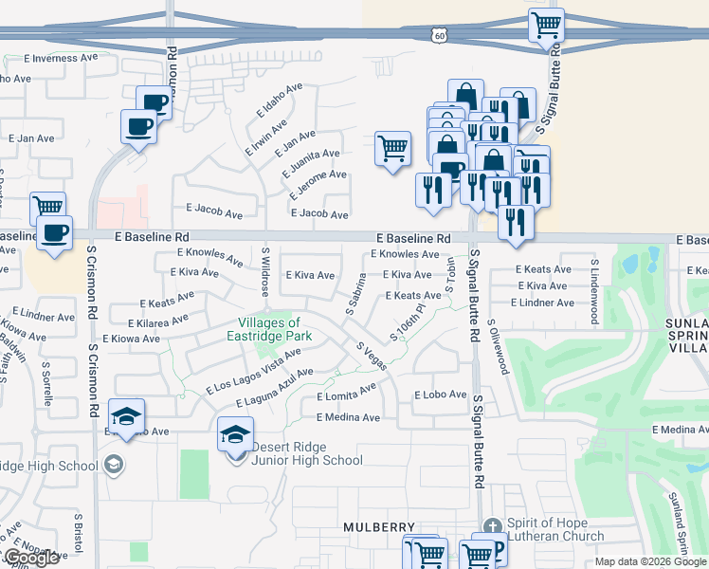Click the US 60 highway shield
(x=437, y=34)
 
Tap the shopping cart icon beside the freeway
(x=546, y=26)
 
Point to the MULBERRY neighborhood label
(x=379, y=526)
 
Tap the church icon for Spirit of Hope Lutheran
(x=492, y=527)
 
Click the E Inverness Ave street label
(x=62, y=58)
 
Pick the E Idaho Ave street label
(x=279, y=100)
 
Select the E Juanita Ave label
(x=311, y=154)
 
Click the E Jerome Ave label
(x=316, y=175)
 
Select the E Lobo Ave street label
(x=441, y=395)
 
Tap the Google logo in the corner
(x=32, y=558)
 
